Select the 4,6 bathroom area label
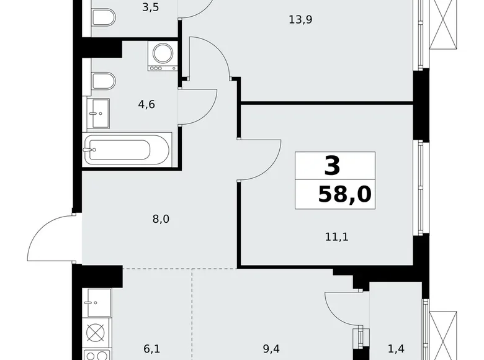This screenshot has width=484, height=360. pyautogui.click(x=146, y=104)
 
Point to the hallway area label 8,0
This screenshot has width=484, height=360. pyautogui.click(x=161, y=218)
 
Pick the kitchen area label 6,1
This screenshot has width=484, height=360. pyautogui.click(x=152, y=349)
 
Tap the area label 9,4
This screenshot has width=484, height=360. pyautogui.click(x=270, y=349)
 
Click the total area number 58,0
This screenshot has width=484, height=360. pyautogui.click(x=344, y=194)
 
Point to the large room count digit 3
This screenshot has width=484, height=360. pyautogui.click(x=333, y=166)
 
